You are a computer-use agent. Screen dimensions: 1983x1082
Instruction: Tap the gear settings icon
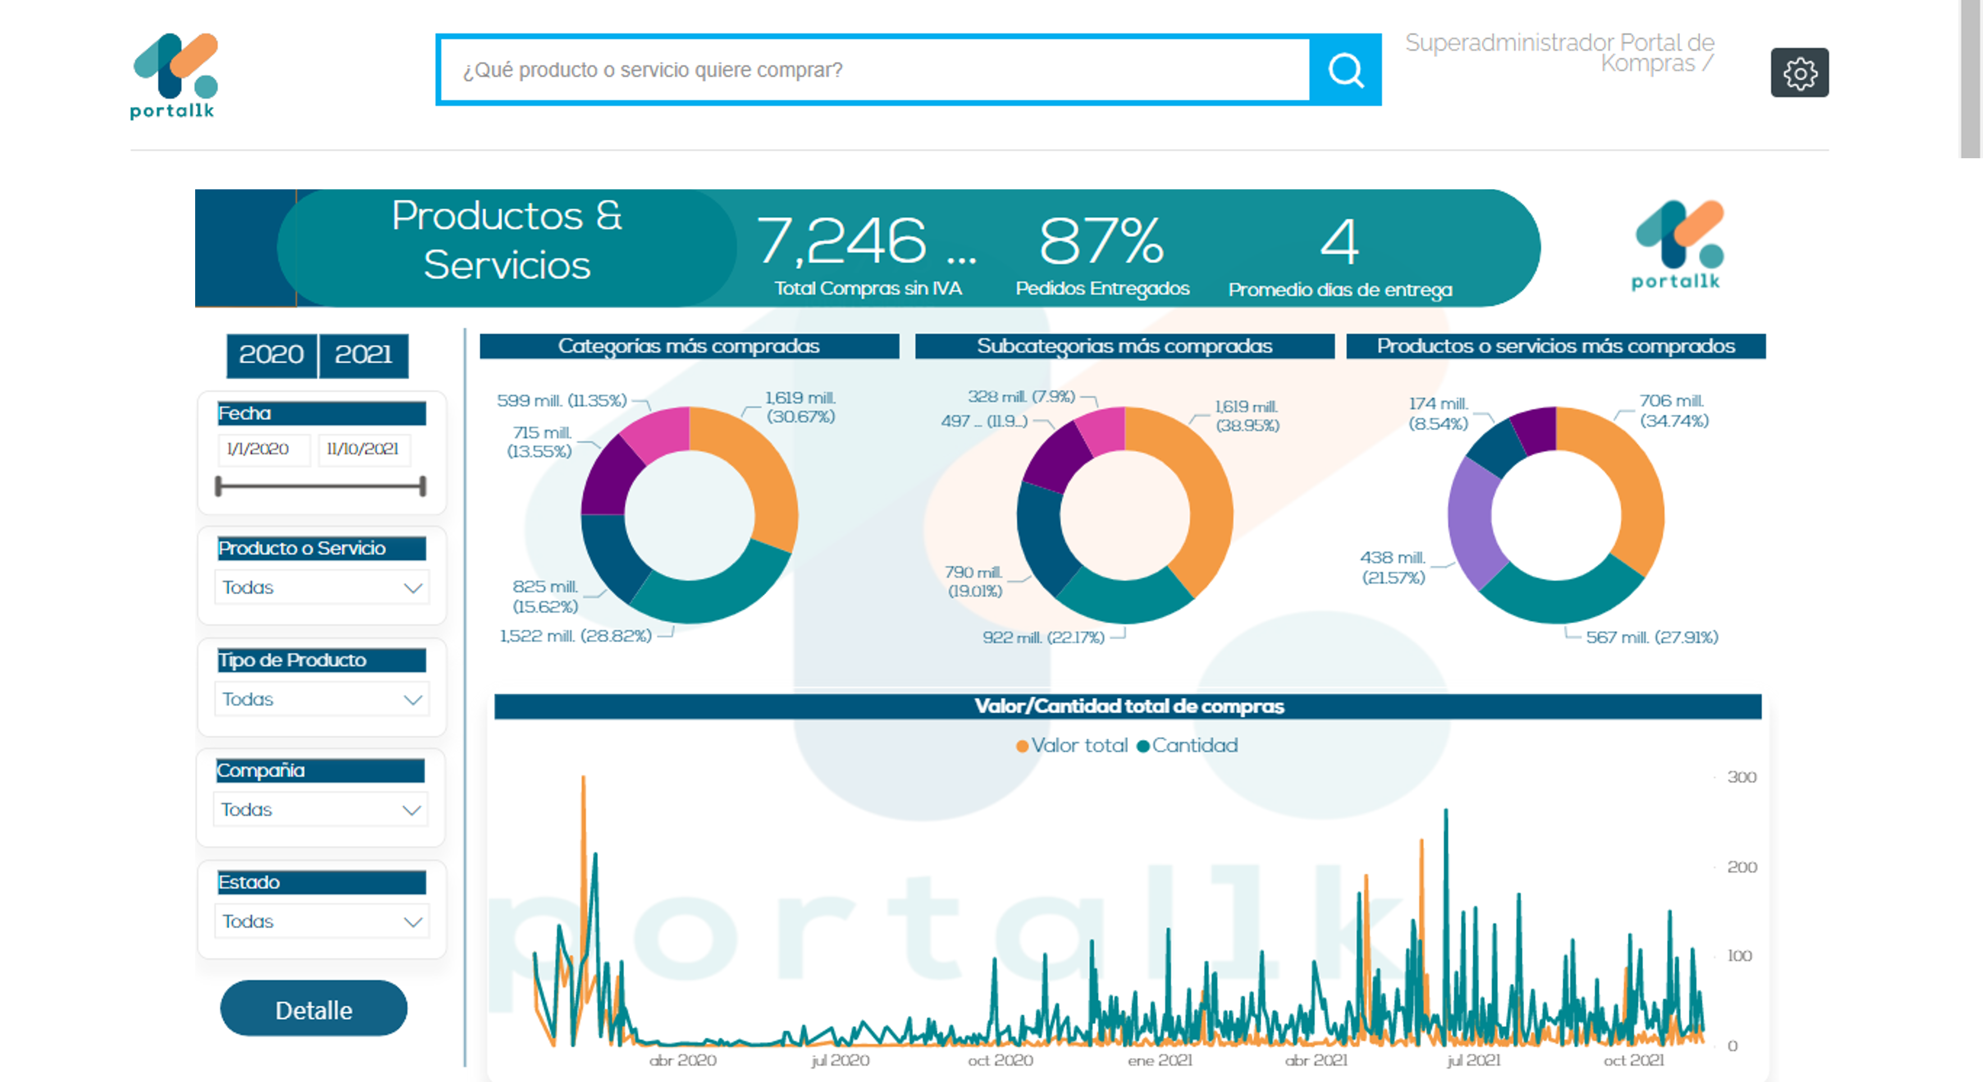click(x=1799, y=73)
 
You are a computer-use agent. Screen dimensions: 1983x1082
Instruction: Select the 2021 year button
click(x=363, y=355)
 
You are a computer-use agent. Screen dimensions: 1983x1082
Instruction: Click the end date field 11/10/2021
click(x=363, y=449)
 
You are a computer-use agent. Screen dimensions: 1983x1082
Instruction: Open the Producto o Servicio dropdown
click(x=321, y=587)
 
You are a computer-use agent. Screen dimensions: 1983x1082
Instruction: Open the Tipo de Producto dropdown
click(x=321, y=699)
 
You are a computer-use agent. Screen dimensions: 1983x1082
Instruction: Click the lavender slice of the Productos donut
click(x=1475, y=524)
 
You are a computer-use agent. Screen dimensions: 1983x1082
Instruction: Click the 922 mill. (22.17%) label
click(x=1043, y=637)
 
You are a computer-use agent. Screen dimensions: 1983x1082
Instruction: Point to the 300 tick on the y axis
click(x=1741, y=777)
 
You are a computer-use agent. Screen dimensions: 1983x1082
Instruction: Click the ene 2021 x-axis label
click(x=1159, y=1060)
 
